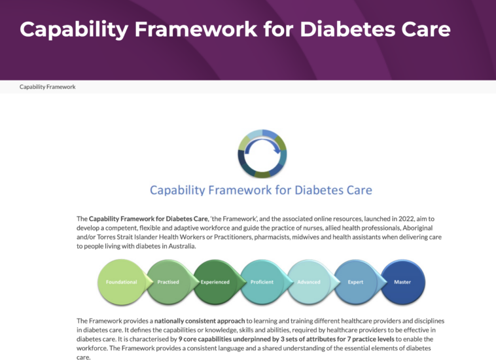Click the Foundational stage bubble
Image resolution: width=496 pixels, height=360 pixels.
pyautogui.click(x=122, y=282)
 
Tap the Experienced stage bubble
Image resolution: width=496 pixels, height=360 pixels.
pyautogui.click(x=215, y=282)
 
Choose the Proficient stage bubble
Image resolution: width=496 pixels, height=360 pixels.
pyautogui.click(x=262, y=282)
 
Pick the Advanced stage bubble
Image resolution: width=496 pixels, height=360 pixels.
pyautogui.click(x=309, y=282)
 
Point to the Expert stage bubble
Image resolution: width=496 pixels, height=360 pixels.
pyautogui.click(x=355, y=282)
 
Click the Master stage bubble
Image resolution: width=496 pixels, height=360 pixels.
pyautogui.click(x=402, y=282)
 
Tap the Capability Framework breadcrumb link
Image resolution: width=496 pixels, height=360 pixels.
pyautogui.click(x=48, y=87)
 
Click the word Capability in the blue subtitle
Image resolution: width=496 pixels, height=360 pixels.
pyautogui.click(x=177, y=190)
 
